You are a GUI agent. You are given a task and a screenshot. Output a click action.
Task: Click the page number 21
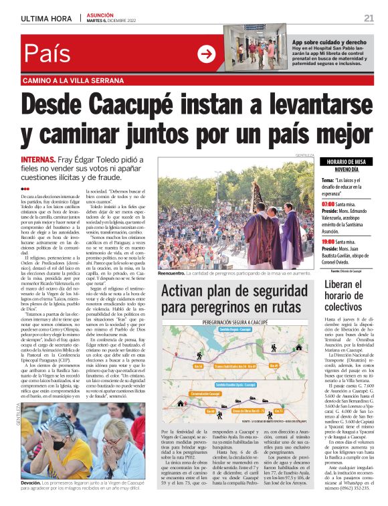pos(369,17)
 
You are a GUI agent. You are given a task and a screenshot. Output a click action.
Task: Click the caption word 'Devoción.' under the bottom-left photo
pos(31,483)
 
